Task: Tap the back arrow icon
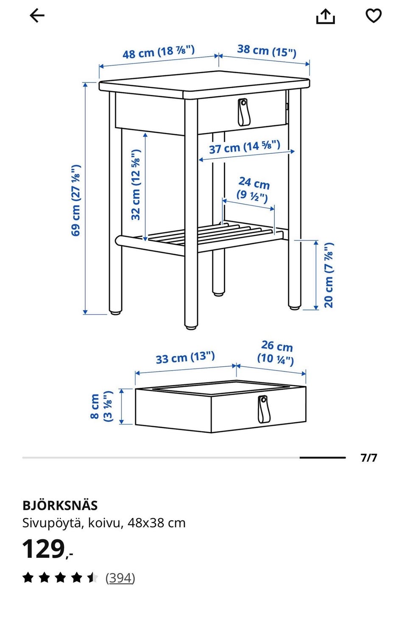click(x=37, y=16)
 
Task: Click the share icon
click(x=326, y=17)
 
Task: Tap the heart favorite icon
click(x=374, y=16)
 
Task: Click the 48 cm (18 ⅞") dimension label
click(x=159, y=52)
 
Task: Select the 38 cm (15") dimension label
click(x=267, y=51)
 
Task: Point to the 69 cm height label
click(x=75, y=200)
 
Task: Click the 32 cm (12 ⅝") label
click(x=136, y=185)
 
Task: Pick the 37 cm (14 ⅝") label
click(x=244, y=147)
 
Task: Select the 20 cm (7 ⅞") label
click(x=329, y=275)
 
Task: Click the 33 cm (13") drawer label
click(x=185, y=357)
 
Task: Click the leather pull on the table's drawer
click(x=243, y=112)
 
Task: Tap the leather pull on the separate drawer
click(x=263, y=409)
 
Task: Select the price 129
click(x=44, y=549)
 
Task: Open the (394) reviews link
click(x=120, y=578)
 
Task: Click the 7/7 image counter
click(x=369, y=458)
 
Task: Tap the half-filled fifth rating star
click(x=92, y=578)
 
